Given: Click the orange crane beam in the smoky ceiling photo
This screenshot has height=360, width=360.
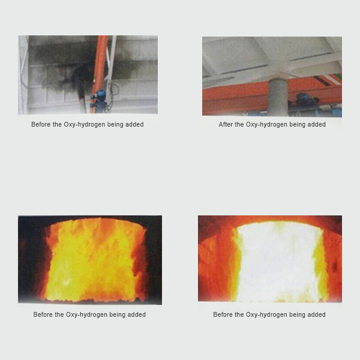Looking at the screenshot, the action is pos(99,74).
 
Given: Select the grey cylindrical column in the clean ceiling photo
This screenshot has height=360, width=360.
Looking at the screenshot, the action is pos(278,97).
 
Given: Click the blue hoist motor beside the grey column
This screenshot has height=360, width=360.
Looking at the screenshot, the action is pos(305,103).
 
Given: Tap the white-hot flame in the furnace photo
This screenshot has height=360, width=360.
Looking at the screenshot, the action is pos(278,262).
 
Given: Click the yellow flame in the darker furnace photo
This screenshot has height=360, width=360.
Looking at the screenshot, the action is pos(92,259).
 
